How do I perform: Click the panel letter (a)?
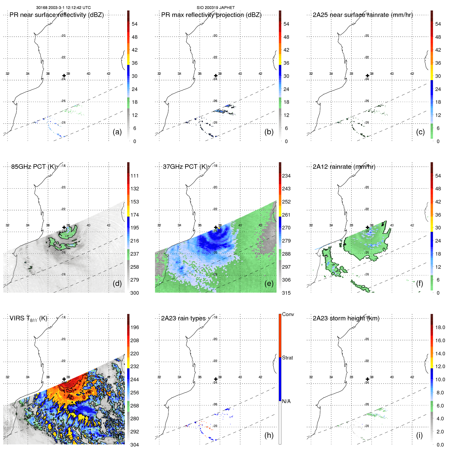pyautogui.click(x=117, y=132)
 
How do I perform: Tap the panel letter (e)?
pyautogui.click(x=269, y=284)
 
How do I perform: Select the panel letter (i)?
pyautogui.click(x=419, y=435)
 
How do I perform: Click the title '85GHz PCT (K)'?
pyautogui.click(x=34, y=167)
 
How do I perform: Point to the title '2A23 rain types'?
pyautogui.click(x=183, y=319)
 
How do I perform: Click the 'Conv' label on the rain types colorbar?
pyautogui.click(x=288, y=314)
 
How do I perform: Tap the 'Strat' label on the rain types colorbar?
pyautogui.click(x=287, y=358)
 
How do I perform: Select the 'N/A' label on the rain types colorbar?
pyautogui.click(x=286, y=401)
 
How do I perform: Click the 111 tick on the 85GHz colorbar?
pyautogui.click(x=135, y=176)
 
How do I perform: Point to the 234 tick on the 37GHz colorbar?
pyautogui.click(x=286, y=176)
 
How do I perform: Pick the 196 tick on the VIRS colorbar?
pyautogui.click(x=135, y=328)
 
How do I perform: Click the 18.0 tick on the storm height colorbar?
pyautogui.click(x=440, y=328)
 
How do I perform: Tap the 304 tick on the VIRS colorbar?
pyautogui.click(x=135, y=445)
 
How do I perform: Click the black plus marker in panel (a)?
pyautogui.click(x=64, y=76)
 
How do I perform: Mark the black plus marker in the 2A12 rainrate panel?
pyautogui.click(x=367, y=227)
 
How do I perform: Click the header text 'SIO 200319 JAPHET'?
pyautogui.click(x=216, y=8)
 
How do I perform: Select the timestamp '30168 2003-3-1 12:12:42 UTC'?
pyautogui.click(x=63, y=8)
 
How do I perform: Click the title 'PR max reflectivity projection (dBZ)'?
pyautogui.click(x=211, y=15)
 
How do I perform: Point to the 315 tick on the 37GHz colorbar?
pyautogui.click(x=286, y=293)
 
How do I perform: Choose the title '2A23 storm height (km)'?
pyautogui.click(x=346, y=319)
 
